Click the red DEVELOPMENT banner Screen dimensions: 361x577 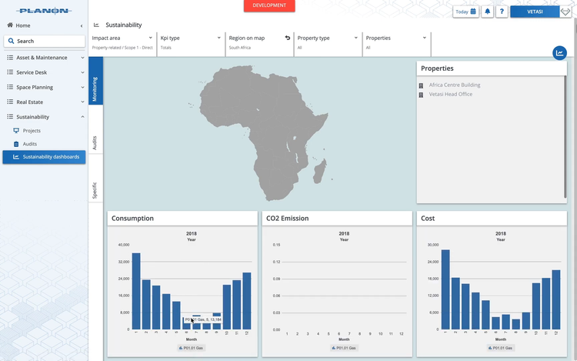tap(269, 5)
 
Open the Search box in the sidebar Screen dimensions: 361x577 tap(45, 41)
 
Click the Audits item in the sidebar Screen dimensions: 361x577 tap(29, 144)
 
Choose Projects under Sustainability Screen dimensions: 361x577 tap(32, 131)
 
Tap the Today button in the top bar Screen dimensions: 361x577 tap(465, 12)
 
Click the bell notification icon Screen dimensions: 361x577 tap(487, 12)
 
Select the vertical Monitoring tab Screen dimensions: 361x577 tap(95, 89)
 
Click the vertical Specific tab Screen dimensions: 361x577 tap(95, 190)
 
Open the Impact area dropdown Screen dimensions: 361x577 tap(122, 38)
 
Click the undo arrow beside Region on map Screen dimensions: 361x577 tap(288, 38)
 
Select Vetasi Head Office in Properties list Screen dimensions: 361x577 tap(450, 94)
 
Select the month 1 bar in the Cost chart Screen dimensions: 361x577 tap(445, 289)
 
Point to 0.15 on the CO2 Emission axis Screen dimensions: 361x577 tap(277, 245)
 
